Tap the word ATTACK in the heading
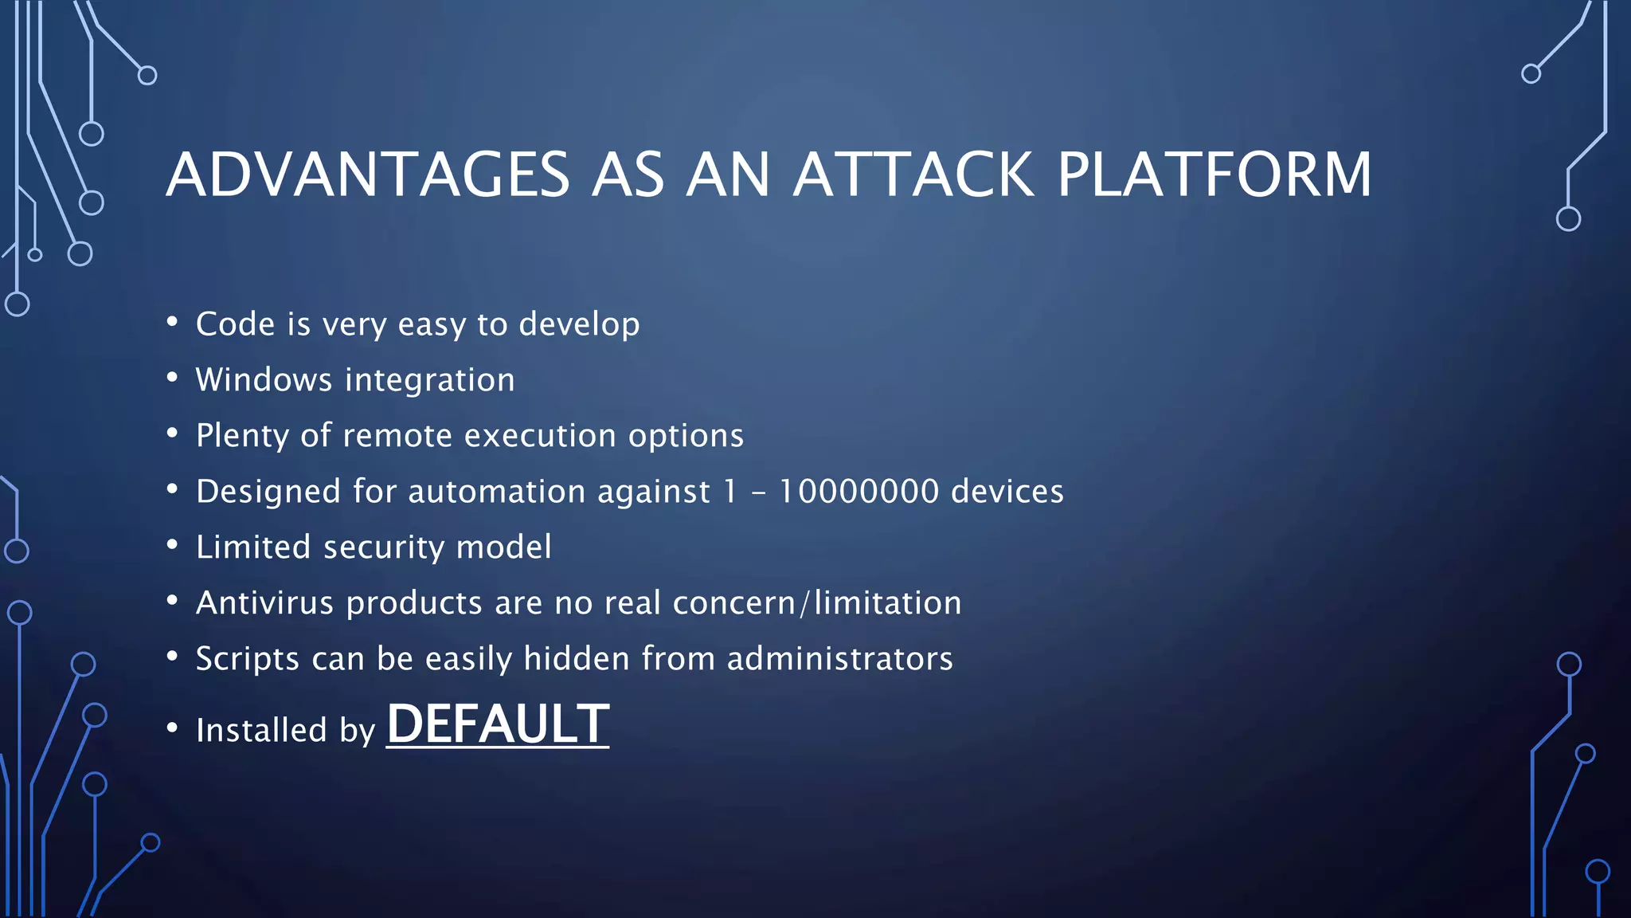913,175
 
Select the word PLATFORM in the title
1214,175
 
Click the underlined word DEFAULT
498,724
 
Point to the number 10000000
859,492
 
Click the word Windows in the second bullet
264,380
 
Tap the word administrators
839,659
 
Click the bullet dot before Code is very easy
172,322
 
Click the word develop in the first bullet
579,325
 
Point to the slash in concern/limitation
804,603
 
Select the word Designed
268,492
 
